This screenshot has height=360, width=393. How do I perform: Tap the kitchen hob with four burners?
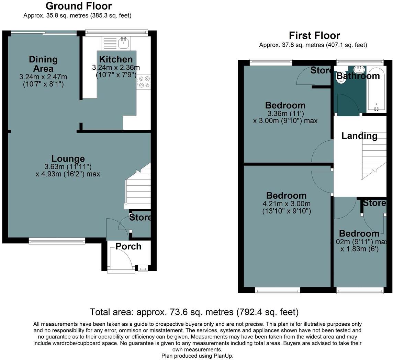click(144, 82)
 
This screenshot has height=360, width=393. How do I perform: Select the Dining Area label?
click(43, 63)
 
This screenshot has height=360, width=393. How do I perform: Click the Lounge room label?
click(68, 159)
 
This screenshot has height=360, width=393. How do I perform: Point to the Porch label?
click(128, 246)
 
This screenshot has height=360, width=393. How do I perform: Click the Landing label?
click(359, 136)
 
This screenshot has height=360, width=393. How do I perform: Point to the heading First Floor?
click(314, 36)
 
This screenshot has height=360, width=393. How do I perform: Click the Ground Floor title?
click(78, 6)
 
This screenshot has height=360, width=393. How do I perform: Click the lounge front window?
click(57, 242)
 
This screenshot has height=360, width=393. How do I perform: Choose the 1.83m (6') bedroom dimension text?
click(359, 249)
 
